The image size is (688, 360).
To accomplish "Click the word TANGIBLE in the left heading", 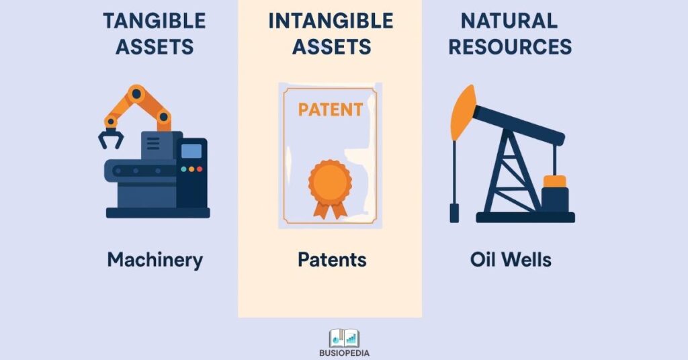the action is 155,21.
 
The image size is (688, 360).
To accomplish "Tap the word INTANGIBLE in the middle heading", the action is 331,21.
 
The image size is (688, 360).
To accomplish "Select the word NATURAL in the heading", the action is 509,21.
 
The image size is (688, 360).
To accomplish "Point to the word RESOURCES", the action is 510,46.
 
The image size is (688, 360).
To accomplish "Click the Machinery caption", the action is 155,260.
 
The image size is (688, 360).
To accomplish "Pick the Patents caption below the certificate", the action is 332,259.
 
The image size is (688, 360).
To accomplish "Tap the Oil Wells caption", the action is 511,259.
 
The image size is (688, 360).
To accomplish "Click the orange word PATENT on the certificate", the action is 331,109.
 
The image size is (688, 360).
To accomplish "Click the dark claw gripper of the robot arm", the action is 110,138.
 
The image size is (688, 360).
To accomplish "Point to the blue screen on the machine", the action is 191,151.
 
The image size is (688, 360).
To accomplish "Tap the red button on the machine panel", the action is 200,169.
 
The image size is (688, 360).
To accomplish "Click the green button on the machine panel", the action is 184,169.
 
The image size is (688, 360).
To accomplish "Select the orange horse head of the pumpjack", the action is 462,112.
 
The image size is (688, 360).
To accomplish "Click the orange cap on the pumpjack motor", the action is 554,181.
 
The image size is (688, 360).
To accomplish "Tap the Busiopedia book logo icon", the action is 344,339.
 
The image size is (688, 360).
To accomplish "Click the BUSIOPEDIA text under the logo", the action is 344,353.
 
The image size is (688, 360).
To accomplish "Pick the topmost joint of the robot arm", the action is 136,93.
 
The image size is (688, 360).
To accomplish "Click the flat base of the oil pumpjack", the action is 525,217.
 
